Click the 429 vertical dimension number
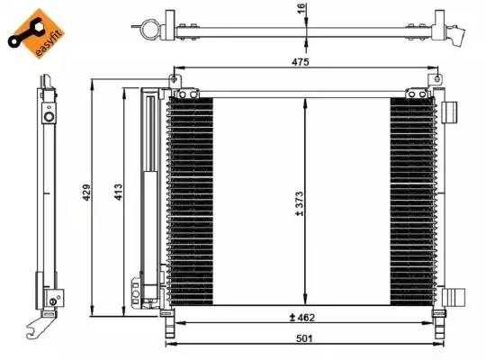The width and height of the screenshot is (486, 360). [86, 194]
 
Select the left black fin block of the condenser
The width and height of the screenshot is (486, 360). [190, 200]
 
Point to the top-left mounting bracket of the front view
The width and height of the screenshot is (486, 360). [185, 92]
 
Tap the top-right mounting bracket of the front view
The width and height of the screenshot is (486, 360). [416, 92]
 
